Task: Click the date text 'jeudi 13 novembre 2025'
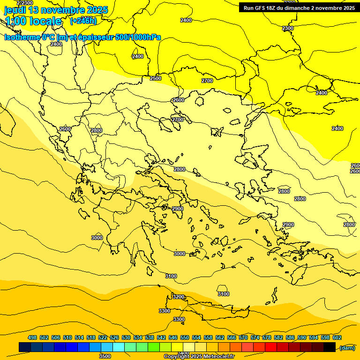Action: tap(56, 10)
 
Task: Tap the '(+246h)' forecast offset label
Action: tap(83, 21)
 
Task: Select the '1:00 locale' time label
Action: tap(33, 21)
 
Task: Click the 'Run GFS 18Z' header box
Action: tap(299, 7)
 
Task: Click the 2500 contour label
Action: tap(156, 78)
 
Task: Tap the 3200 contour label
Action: tap(178, 297)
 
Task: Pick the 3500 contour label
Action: tap(105, 356)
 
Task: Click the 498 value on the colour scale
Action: tap(32, 337)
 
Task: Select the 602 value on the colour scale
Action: tap(337, 337)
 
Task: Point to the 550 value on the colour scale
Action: tap(185, 337)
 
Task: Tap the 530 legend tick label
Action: tap(126, 337)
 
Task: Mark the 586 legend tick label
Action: tap(290, 337)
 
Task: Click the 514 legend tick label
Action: tap(79, 337)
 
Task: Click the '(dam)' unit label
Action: tap(347, 347)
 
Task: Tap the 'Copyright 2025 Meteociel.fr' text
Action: tap(199, 357)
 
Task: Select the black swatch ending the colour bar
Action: tap(330, 347)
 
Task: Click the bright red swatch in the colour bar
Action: tap(271, 347)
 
